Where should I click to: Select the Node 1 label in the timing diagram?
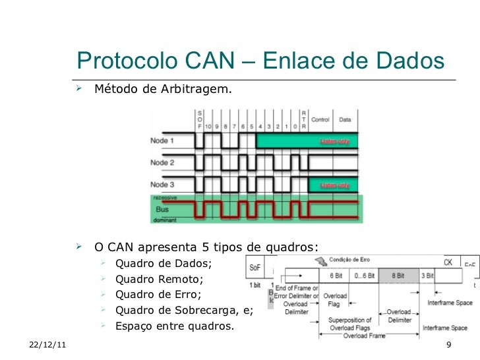pos(162,140)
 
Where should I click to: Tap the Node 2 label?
pos(162,162)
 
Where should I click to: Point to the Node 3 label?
pos(162,184)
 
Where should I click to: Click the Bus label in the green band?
pos(162,208)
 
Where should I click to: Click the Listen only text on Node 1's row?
pos(335,141)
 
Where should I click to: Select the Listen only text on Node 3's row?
pos(335,185)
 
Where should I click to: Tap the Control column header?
pos(320,120)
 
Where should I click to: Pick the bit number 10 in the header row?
pos(208,125)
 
